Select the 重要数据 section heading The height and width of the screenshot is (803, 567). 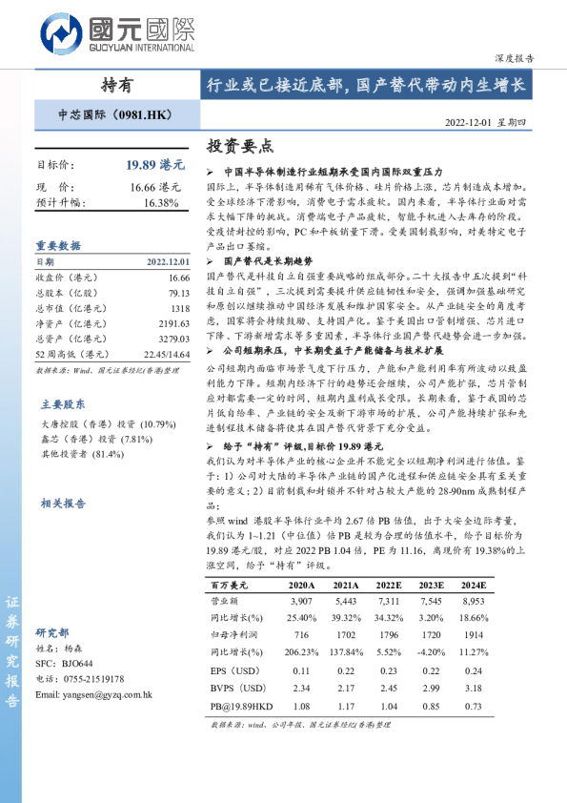pos(58,245)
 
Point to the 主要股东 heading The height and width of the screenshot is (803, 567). pos(62,403)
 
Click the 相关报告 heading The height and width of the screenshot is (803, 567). pos(63,503)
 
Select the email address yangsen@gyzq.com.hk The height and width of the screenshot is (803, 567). pos(93,695)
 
